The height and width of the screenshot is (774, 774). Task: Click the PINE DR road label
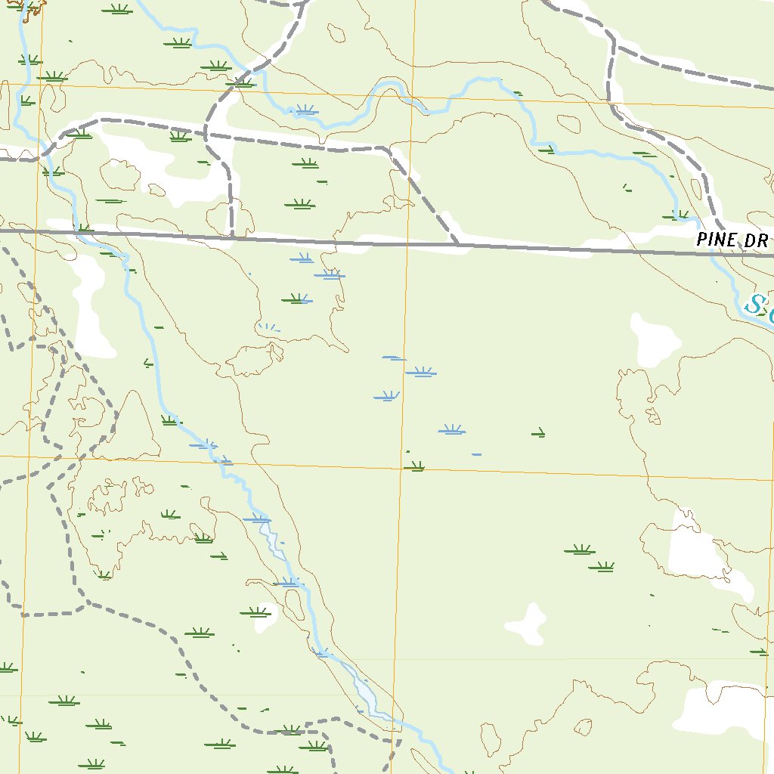click(732, 240)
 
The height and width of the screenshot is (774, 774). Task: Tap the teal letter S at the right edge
click(754, 305)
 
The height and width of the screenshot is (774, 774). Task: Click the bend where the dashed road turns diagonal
click(390, 151)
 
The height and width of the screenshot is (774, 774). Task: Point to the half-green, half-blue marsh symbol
click(297, 300)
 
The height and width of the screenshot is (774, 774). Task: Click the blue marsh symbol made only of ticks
click(269, 327)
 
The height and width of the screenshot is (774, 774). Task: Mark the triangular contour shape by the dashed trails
click(134, 423)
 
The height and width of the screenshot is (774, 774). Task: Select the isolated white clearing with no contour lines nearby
click(527, 624)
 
